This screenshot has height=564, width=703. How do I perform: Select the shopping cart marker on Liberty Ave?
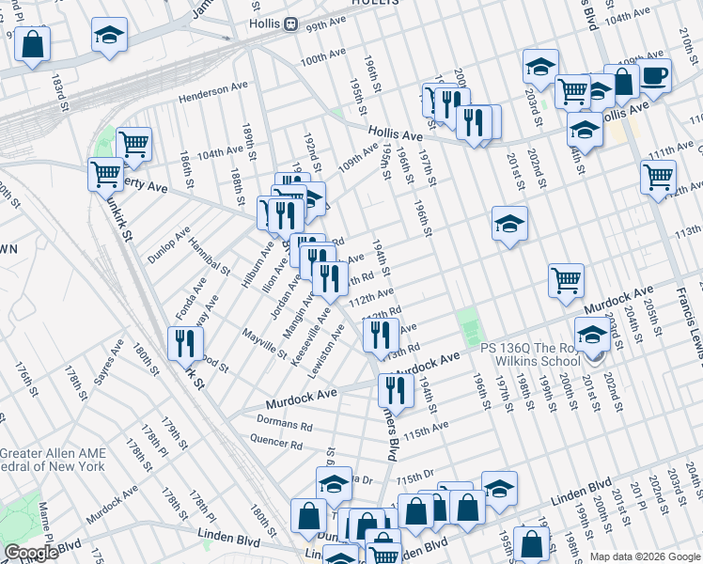pos(105,174)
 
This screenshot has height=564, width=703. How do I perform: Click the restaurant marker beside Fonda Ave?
pos(184,343)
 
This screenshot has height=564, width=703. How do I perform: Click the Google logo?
pos(31,553)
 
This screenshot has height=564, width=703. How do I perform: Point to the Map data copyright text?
pos(645,556)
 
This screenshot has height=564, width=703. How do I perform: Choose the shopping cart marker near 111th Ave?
pos(657,176)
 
